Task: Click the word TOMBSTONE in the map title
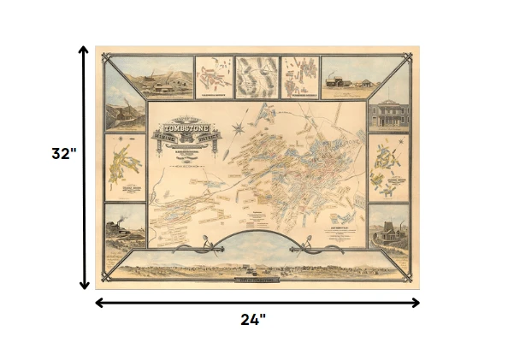point(184,129)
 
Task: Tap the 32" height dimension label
point(63,155)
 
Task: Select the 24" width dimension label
point(252,320)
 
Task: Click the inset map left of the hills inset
point(214,77)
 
